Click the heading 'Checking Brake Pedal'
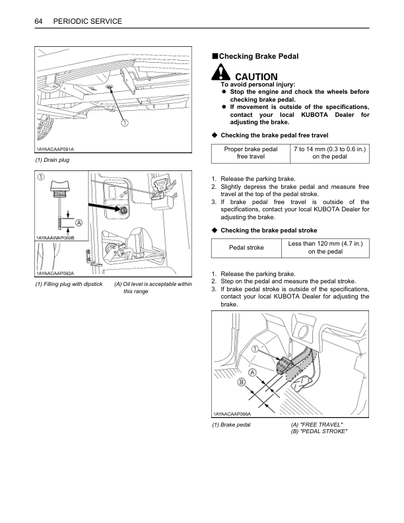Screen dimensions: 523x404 258,57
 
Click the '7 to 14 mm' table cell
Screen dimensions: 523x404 330,153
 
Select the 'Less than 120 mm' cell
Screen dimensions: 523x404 330,247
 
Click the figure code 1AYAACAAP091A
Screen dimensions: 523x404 55,151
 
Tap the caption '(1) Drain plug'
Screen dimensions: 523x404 52,160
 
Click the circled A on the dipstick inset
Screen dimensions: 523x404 79,223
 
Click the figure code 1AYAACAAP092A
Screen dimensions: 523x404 55,273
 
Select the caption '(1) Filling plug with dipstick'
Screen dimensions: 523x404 69,285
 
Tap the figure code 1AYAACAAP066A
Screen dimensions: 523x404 232,413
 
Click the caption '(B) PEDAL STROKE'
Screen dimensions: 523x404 320,431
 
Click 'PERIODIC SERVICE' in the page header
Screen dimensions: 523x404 88,22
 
